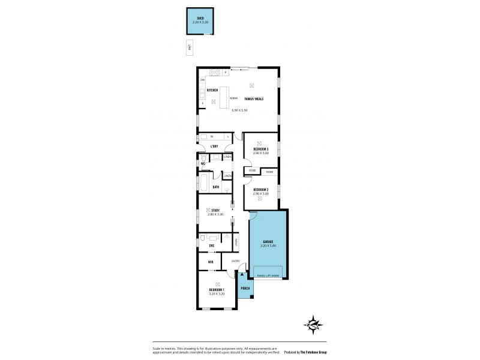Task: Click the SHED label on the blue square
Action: [200, 19]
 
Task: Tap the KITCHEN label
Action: [212, 90]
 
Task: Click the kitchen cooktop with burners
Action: [215, 73]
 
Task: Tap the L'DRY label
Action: [213, 146]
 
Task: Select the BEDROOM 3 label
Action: [261, 149]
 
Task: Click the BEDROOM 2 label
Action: [261, 190]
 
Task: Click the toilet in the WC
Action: [203, 158]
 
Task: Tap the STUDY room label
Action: [215, 210]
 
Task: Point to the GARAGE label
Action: [268, 242]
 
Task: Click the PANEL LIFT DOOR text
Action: [268, 275]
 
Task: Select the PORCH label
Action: [245, 289]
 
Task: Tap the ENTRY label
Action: [235, 261]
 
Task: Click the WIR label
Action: [211, 262]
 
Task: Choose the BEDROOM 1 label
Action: [217, 290]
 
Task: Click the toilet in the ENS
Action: [204, 238]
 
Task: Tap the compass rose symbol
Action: [314, 325]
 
